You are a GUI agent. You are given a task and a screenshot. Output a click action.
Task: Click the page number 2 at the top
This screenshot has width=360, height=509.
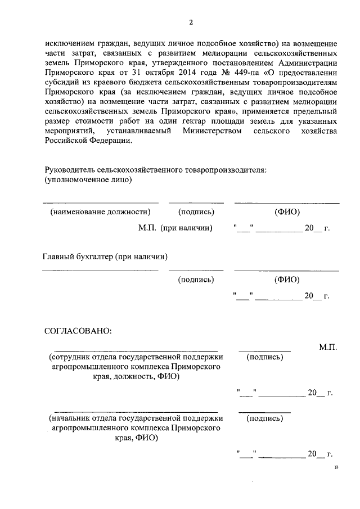(191, 22)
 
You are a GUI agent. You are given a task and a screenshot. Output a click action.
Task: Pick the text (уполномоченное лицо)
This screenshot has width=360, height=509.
(88, 180)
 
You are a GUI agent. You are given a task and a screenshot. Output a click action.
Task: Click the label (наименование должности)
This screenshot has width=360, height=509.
(100, 212)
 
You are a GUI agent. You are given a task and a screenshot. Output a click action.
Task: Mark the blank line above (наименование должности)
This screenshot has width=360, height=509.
(100, 202)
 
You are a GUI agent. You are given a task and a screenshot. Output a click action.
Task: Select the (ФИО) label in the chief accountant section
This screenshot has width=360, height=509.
(286, 279)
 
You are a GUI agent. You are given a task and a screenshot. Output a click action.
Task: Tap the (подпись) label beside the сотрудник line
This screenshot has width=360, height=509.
(264, 357)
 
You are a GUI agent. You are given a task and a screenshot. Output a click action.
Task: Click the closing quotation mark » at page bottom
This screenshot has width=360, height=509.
(336, 466)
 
